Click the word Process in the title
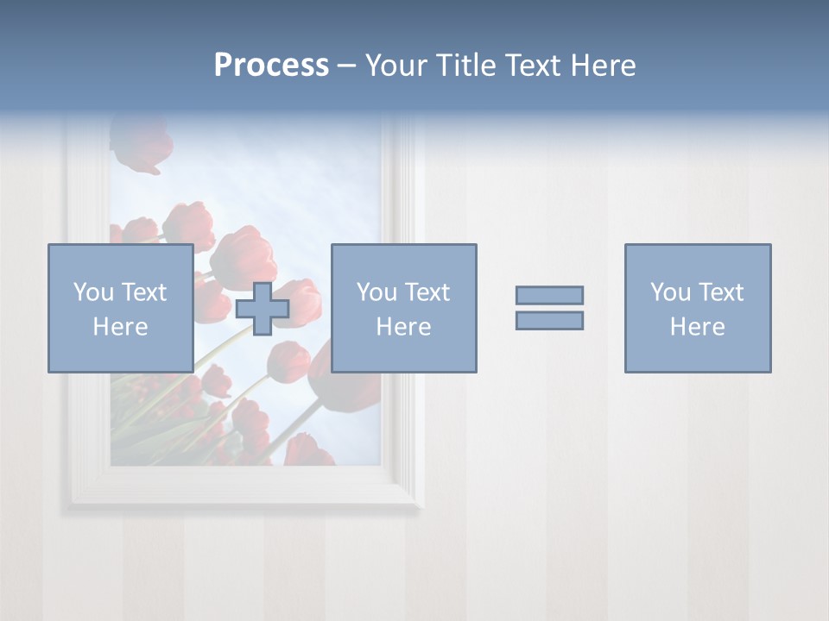pos(271,66)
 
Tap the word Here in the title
pos(604,66)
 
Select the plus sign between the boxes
pos(263,308)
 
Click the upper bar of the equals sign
pos(549,295)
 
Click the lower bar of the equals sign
pos(549,320)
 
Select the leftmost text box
pos(120,308)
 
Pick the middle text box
pos(403,308)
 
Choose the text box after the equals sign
pos(697,308)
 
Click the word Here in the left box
pos(120,327)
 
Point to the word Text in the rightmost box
pos(720,292)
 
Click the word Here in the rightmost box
pos(697,327)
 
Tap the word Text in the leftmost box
pos(143,292)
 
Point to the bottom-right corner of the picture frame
pos(421,507)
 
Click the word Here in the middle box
pos(403,327)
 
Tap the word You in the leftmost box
pos(93,292)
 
